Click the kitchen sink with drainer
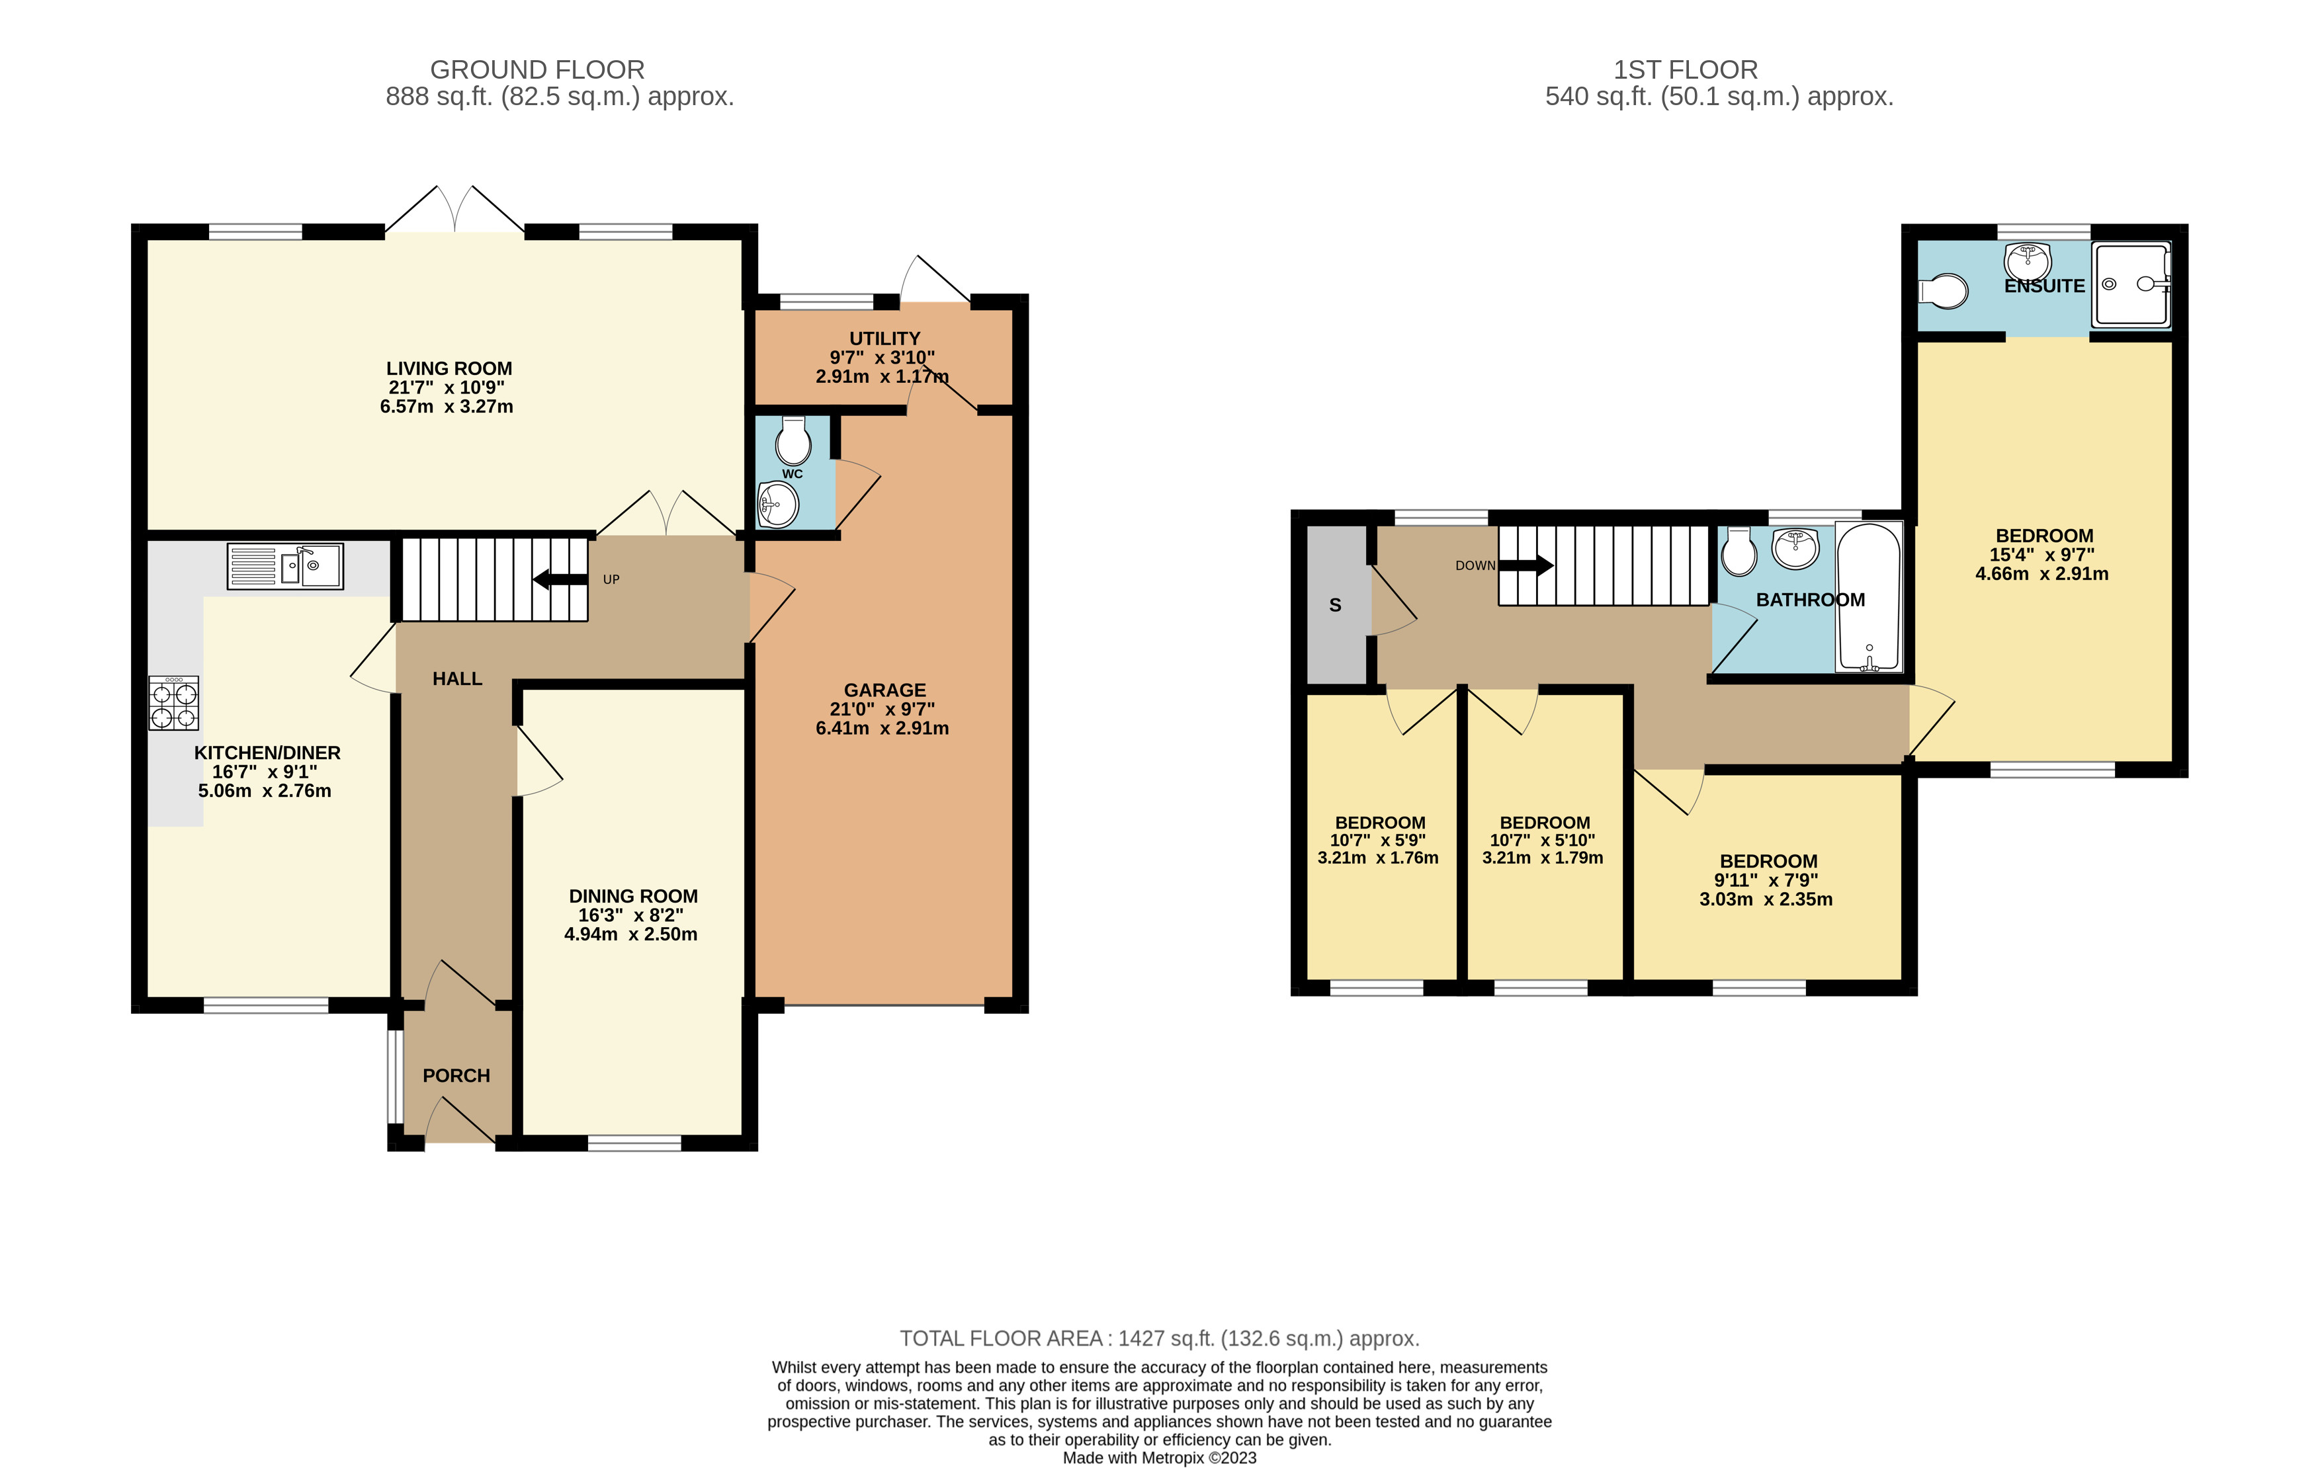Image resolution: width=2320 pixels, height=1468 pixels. (x=285, y=567)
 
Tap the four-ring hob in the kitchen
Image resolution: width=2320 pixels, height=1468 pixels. (x=173, y=703)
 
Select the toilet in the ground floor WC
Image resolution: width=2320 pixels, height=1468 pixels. (x=793, y=441)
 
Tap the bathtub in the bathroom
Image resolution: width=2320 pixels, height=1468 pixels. (x=1869, y=597)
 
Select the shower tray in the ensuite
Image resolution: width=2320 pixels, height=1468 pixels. (x=2132, y=284)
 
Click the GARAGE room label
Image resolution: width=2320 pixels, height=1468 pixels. (x=884, y=690)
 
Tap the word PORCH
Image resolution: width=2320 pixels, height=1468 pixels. (x=456, y=1076)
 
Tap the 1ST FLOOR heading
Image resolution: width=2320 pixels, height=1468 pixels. (x=1686, y=70)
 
